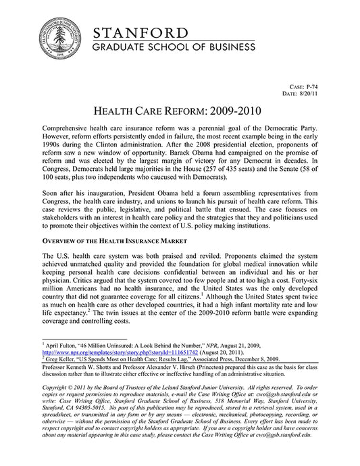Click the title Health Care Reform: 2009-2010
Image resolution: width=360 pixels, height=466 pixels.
180,110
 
